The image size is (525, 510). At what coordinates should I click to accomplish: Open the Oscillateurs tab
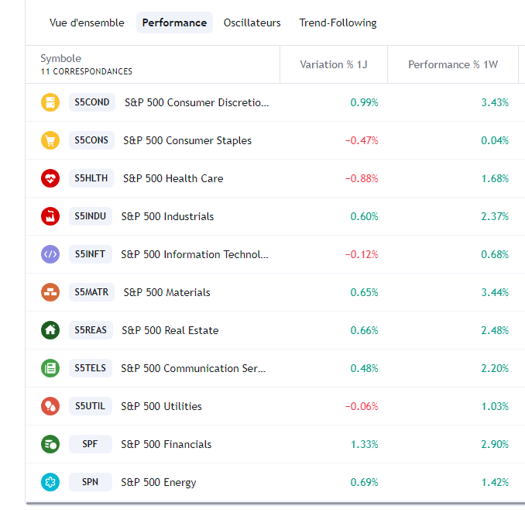click(252, 22)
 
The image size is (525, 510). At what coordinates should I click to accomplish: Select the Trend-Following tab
click(338, 22)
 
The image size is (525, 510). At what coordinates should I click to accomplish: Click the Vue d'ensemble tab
click(87, 22)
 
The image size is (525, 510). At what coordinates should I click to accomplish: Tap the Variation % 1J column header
click(333, 64)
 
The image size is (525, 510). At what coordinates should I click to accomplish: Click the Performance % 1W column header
click(452, 64)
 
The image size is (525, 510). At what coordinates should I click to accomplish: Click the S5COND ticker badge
click(92, 102)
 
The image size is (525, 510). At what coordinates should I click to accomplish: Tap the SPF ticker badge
click(91, 444)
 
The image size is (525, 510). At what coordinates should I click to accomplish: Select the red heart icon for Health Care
click(50, 178)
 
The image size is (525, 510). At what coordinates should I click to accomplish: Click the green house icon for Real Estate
click(50, 330)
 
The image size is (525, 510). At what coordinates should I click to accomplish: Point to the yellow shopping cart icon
click(50, 140)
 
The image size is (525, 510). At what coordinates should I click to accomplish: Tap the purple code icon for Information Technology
click(50, 254)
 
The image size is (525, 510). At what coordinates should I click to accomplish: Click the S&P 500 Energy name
click(159, 482)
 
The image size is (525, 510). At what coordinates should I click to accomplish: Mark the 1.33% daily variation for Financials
click(364, 444)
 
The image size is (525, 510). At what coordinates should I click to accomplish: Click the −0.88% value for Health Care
click(362, 178)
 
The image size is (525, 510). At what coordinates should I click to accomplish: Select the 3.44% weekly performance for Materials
click(494, 292)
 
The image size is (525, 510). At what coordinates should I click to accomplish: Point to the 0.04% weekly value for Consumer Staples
click(494, 140)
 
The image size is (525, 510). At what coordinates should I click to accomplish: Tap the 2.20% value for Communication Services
click(494, 368)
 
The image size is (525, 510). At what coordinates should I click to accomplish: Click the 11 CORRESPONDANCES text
click(87, 71)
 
